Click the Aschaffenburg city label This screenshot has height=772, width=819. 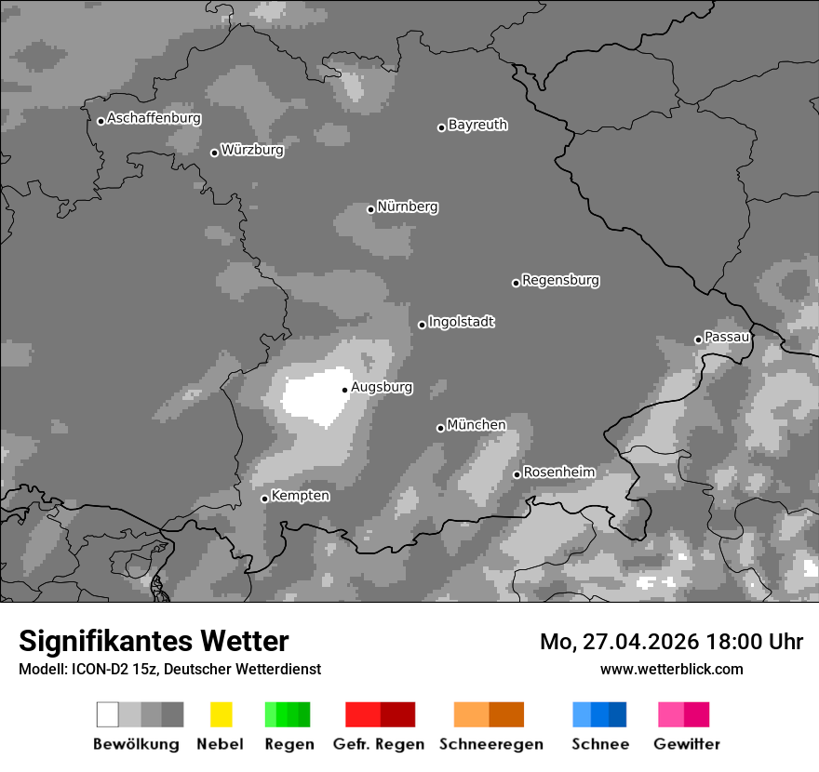click(x=154, y=118)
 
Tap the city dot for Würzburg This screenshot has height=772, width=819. click(x=214, y=153)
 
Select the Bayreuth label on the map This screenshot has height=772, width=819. click(x=477, y=125)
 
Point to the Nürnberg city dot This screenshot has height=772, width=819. click(x=370, y=209)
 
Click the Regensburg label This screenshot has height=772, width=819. click(x=560, y=280)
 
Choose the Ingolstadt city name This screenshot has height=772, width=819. click(x=461, y=322)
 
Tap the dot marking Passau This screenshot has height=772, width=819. click(x=698, y=339)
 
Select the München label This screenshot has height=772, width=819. click(x=477, y=425)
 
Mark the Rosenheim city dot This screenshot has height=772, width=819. click(x=517, y=475)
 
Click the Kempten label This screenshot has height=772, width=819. click(x=300, y=496)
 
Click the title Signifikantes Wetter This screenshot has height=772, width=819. click(x=154, y=642)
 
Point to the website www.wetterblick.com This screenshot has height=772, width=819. click(x=671, y=669)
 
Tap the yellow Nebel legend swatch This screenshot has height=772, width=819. click(x=221, y=714)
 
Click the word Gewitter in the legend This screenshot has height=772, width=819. click(x=686, y=744)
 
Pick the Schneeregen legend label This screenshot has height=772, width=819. click(x=491, y=744)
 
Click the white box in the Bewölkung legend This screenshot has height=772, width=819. click(x=108, y=714)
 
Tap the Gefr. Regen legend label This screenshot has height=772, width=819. click(x=379, y=744)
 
